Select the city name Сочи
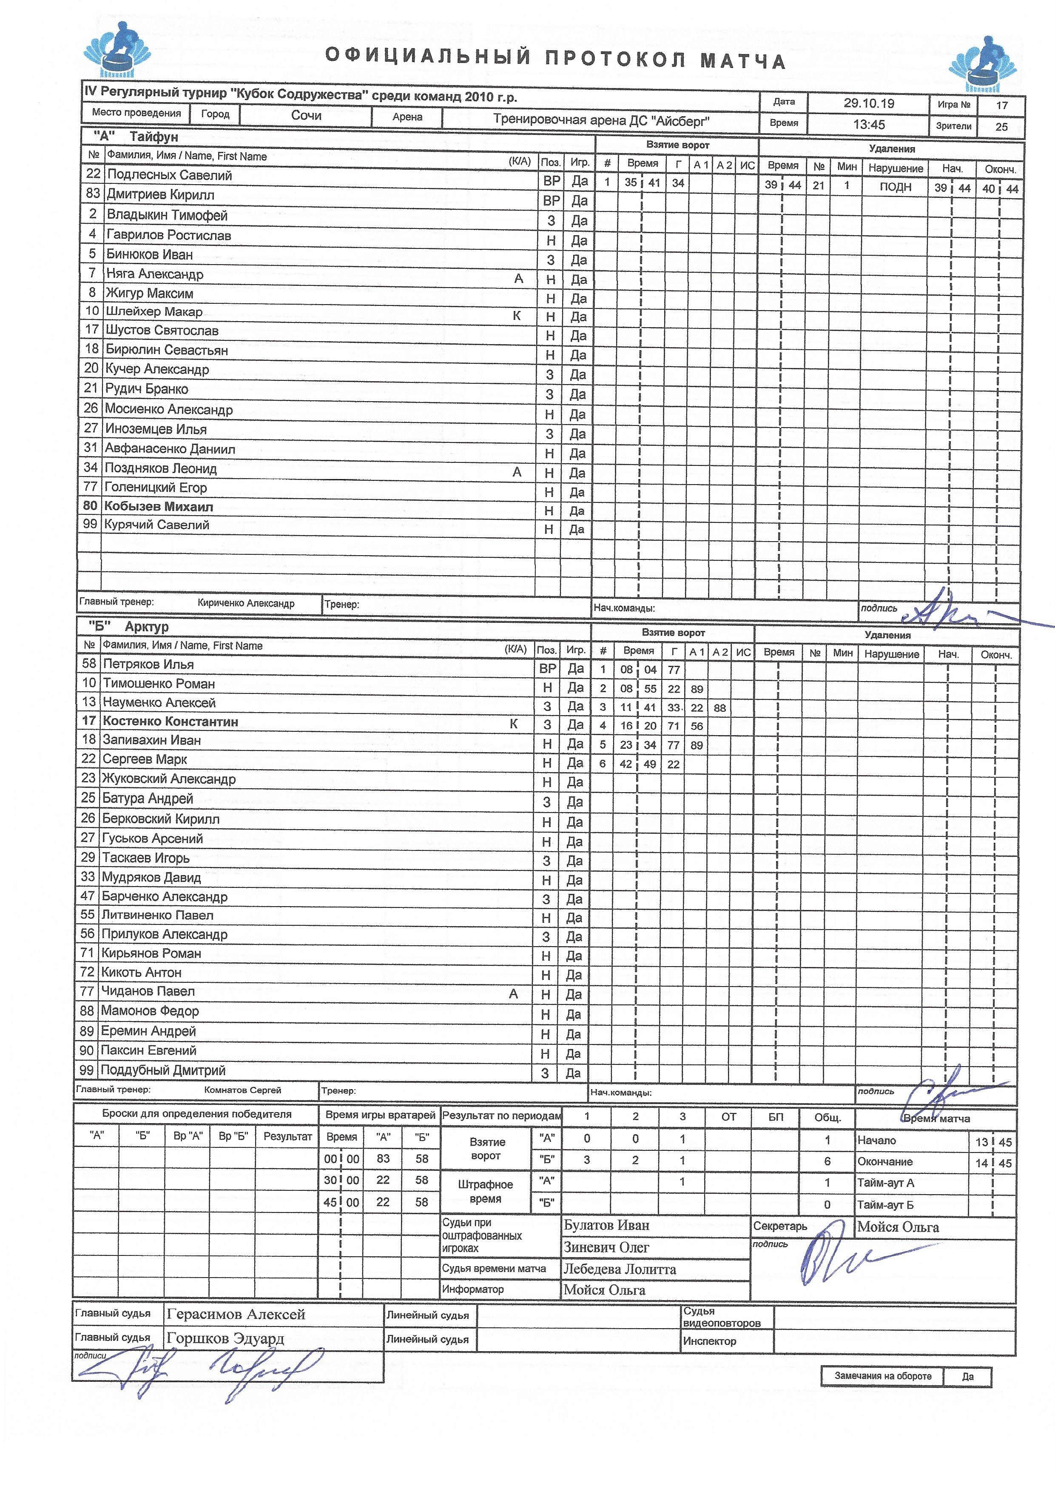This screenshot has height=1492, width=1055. click(306, 116)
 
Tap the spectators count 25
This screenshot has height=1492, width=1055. click(1001, 127)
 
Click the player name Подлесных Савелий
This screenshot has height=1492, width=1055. click(169, 175)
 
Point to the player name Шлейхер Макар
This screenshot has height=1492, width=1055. click(154, 312)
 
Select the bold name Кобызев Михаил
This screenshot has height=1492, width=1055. click(159, 506)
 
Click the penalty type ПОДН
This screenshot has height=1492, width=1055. click(895, 187)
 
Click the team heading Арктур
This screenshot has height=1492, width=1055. click(147, 626)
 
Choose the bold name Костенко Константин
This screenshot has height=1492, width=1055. click(170, 721)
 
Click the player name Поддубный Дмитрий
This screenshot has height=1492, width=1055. click(163, 1070)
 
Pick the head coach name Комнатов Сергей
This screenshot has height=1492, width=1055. click(242, 1090)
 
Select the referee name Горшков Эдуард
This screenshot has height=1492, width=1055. click(225, 1338)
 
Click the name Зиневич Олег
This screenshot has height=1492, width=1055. click(606, 1248)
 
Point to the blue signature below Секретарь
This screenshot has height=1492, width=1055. click(838, 1261)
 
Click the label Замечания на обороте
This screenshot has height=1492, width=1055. click(883, 1376)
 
